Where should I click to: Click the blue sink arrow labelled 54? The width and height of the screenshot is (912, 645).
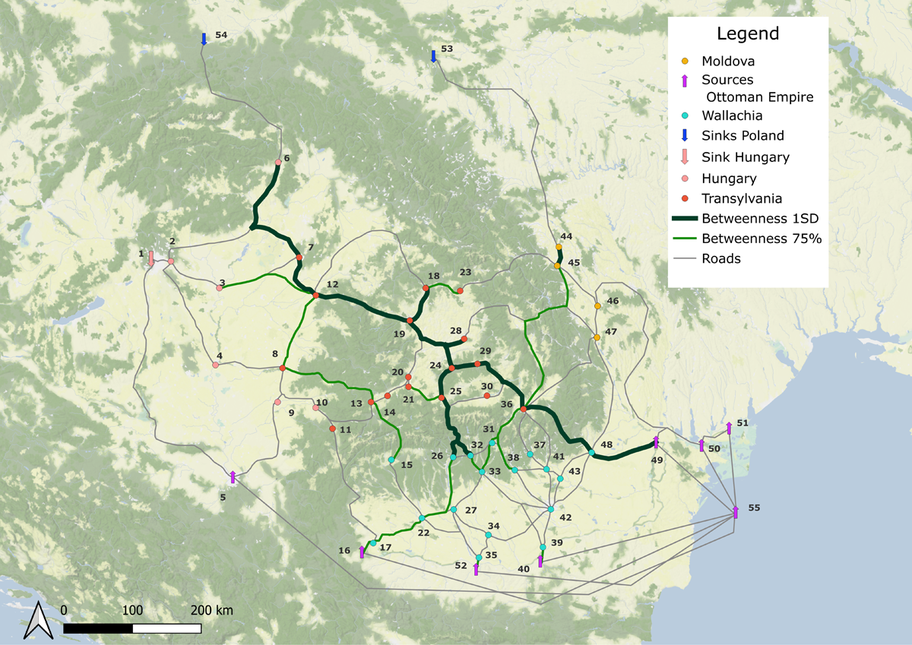point(204,39)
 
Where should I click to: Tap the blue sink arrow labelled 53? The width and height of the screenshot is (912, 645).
point(433,55)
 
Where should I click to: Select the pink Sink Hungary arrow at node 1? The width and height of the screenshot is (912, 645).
point(151,259)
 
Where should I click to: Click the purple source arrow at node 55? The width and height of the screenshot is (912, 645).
point(735,511)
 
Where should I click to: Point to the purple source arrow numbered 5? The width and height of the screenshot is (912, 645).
point(233,476)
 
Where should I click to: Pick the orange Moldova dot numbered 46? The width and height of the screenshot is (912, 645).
point(597,306)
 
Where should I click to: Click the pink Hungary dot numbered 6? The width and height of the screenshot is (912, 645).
point(278,162)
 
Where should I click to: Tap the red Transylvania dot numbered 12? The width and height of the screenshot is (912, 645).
point(315,294)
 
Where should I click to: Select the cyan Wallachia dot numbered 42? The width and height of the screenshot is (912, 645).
point(551,508)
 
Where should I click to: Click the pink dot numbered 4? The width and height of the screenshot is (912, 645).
point(215,365)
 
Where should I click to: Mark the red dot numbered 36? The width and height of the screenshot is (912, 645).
point(523,410)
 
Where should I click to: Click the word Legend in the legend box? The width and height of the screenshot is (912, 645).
point(748,33)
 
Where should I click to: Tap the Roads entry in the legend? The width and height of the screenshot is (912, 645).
point(721,258)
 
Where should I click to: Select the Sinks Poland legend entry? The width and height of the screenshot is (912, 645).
point(743,135)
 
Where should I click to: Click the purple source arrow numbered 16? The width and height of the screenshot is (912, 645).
point(362,552)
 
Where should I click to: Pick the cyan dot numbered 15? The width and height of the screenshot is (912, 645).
point(391,460)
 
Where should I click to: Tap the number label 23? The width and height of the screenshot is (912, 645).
point(465,272)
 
